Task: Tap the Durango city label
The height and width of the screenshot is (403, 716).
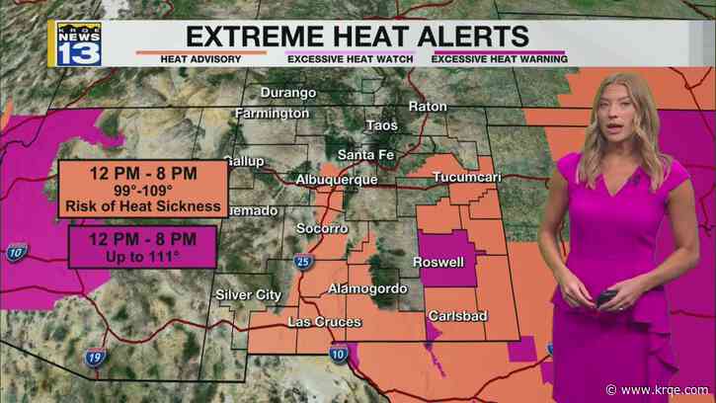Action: click(x=288, y=93)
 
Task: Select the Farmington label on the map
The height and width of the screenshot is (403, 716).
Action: click(x=273, y=114)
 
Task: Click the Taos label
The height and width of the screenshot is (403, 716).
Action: click(x=381, y=125)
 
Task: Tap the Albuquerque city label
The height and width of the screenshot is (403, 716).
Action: click(x=337, y=180)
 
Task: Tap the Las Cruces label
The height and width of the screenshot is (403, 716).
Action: click(x=325, y=322)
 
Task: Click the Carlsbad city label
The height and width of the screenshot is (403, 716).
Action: click(x=454, y=316)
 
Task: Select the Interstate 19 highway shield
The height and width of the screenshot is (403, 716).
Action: click(x=95, y=362)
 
